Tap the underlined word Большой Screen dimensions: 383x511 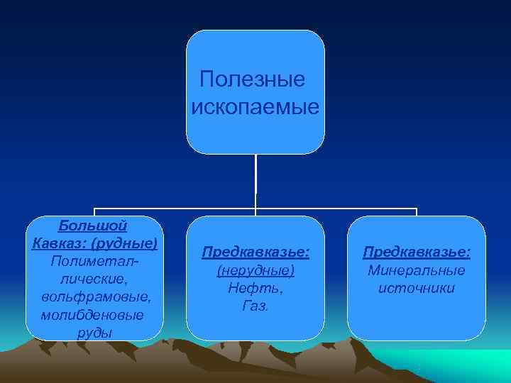click(93, 226)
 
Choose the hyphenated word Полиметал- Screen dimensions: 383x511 click(94, 261)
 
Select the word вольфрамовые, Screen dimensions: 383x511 click(96, 296)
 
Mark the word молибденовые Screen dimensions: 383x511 click(92, 313)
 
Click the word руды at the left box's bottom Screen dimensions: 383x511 click(94, 331)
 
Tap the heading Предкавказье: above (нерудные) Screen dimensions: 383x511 click(255, 252)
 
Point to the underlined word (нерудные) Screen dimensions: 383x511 click(255, 271)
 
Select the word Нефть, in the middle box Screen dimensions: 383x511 click(255, 289)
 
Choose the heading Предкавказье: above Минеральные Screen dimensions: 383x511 click(417, 252)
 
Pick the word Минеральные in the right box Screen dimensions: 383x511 click(417, 271)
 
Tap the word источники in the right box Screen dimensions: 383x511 click(417, 289)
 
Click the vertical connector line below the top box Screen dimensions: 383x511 click(255, 181)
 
